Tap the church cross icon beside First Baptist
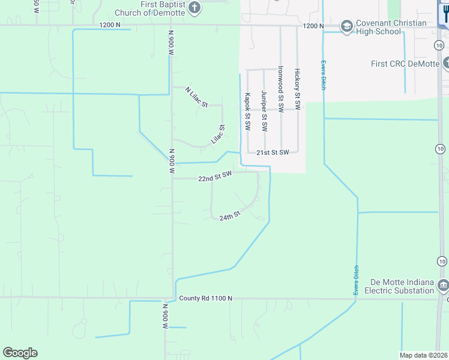(194, 8)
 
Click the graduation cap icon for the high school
(346, 26)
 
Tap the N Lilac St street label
(196, 97)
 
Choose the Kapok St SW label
(247, 112)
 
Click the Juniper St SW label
(264, 111)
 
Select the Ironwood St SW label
(280, 87)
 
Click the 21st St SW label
(273, 152)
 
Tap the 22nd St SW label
(215, 176)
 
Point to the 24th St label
(229, 216)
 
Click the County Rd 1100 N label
(205, 298)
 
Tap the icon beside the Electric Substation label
(443, 283)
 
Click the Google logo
(20, 353)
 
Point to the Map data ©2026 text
(423, 355)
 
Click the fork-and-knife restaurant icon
(444, 13)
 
